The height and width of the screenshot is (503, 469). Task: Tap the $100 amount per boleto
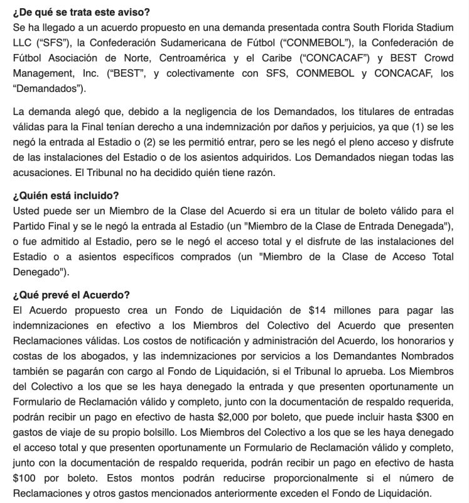(24, 478)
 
